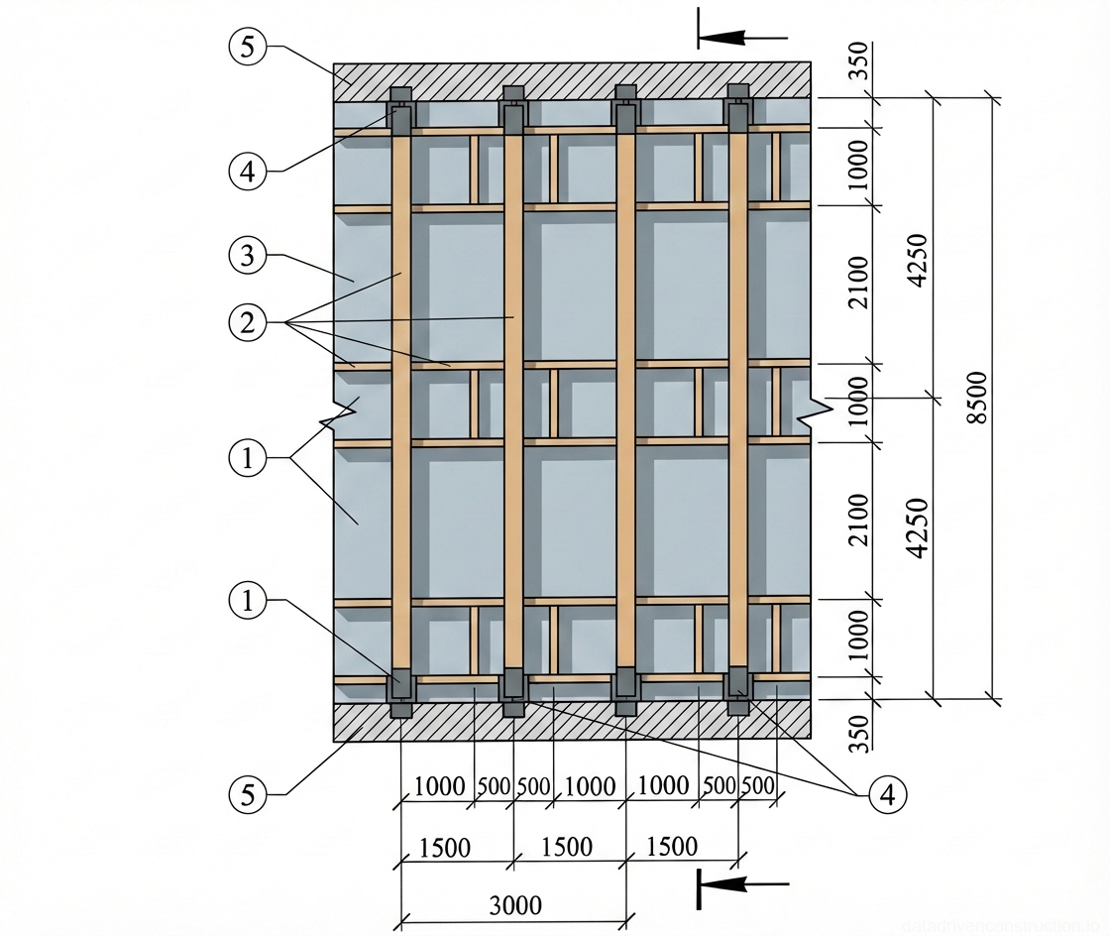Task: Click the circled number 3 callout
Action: (247, 256)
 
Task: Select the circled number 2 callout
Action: (247, 321)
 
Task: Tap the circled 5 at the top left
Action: (247, 46)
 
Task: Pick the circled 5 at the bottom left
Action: (247, 793)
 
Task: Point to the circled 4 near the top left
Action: (247, 171)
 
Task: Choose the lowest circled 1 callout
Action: (247, 600)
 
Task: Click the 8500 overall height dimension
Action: (977, 398)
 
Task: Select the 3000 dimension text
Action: (515, 904)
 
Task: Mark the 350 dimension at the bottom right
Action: (857, 732)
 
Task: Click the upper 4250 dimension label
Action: (918, 260)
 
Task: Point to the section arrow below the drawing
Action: (738, 882)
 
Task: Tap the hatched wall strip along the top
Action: (573, 80)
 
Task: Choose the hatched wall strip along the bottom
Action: (573, 722)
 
